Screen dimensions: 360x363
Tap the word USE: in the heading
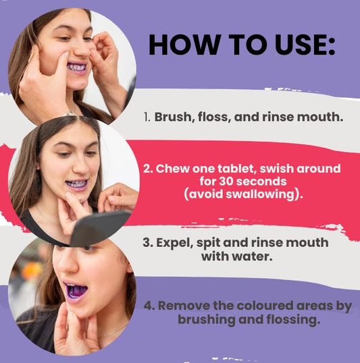305,45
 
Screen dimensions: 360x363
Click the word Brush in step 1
174,117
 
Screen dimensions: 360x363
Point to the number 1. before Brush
147,117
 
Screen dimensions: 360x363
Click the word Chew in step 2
172,169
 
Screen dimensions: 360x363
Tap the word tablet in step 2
236,169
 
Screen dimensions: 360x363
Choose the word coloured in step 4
265,306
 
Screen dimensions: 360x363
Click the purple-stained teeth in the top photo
77,67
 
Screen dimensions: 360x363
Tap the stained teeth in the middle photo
76,184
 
